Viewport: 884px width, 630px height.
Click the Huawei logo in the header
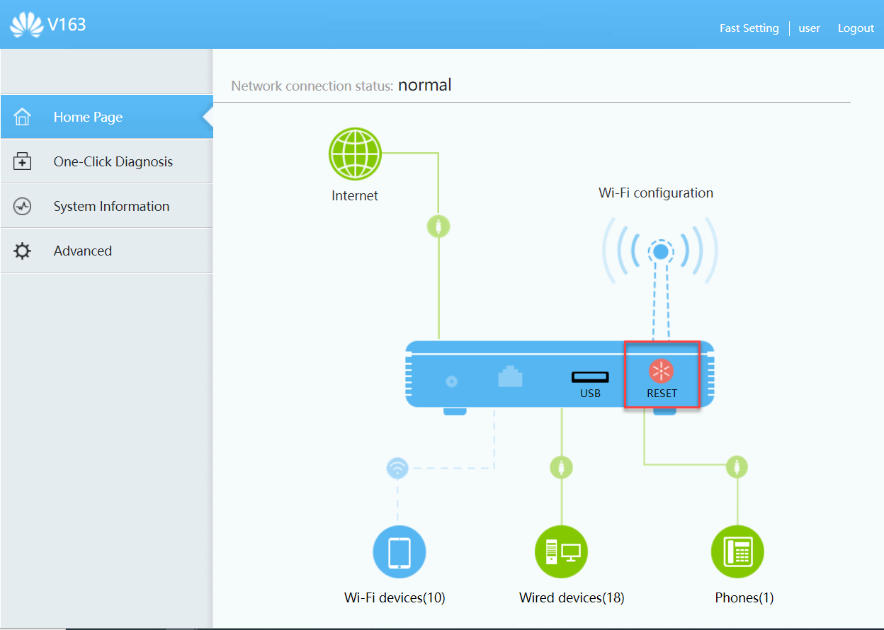26,25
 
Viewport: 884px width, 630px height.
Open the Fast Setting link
749,28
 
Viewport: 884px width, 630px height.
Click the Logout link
856,28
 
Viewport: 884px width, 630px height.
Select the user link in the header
809,28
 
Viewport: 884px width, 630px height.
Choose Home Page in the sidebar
88,118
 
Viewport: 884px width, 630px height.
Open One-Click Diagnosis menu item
113,162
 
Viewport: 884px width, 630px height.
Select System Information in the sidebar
111,207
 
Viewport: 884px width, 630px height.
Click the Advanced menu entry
82,251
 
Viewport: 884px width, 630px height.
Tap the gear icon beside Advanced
23,251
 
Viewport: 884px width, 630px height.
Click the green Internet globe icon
355,154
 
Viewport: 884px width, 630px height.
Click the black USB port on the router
590,377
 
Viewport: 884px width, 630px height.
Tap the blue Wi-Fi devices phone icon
399,552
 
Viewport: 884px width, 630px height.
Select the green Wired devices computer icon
561,552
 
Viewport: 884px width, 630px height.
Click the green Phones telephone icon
737,552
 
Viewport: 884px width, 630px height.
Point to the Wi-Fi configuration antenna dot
660,251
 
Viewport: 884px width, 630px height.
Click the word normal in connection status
424,86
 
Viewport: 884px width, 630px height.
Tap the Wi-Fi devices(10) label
395,598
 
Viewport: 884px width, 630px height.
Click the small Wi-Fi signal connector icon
397,468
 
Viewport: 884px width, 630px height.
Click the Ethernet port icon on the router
510,377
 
